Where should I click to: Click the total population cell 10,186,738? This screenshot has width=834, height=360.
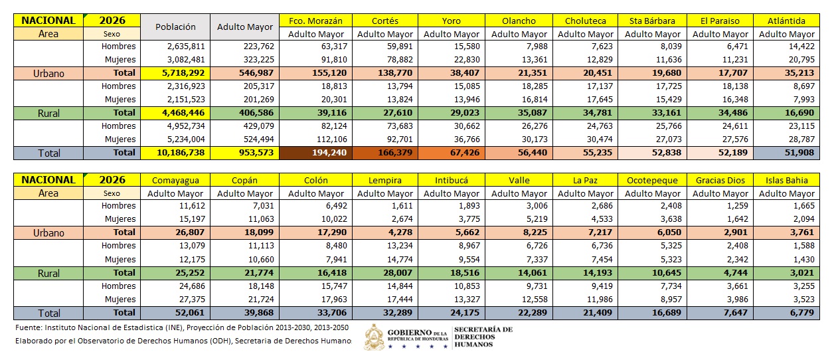175,153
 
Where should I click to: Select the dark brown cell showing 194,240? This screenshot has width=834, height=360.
315,153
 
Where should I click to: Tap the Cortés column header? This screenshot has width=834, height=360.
385,21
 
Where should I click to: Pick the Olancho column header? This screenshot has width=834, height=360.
519,21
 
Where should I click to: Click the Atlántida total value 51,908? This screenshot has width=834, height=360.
786,153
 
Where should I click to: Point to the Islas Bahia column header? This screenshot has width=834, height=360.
786,180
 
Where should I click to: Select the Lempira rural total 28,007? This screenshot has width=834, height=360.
385,272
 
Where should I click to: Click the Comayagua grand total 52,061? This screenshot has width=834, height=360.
175,313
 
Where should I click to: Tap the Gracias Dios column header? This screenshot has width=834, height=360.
720,180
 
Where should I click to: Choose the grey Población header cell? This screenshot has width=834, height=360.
175,27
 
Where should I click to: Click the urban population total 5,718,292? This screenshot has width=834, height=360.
175,73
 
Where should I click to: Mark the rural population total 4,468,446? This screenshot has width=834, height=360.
175,113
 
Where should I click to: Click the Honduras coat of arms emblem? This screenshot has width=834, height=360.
374,337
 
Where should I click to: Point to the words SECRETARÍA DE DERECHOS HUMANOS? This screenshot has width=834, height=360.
483,337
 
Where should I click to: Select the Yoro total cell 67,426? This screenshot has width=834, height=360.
452,153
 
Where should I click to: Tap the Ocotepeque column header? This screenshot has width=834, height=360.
652,180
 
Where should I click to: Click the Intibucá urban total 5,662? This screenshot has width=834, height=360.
452,232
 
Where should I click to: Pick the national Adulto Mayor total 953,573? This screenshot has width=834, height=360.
244,153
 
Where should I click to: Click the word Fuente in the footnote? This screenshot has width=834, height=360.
28,327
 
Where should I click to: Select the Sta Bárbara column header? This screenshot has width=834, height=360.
652,21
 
